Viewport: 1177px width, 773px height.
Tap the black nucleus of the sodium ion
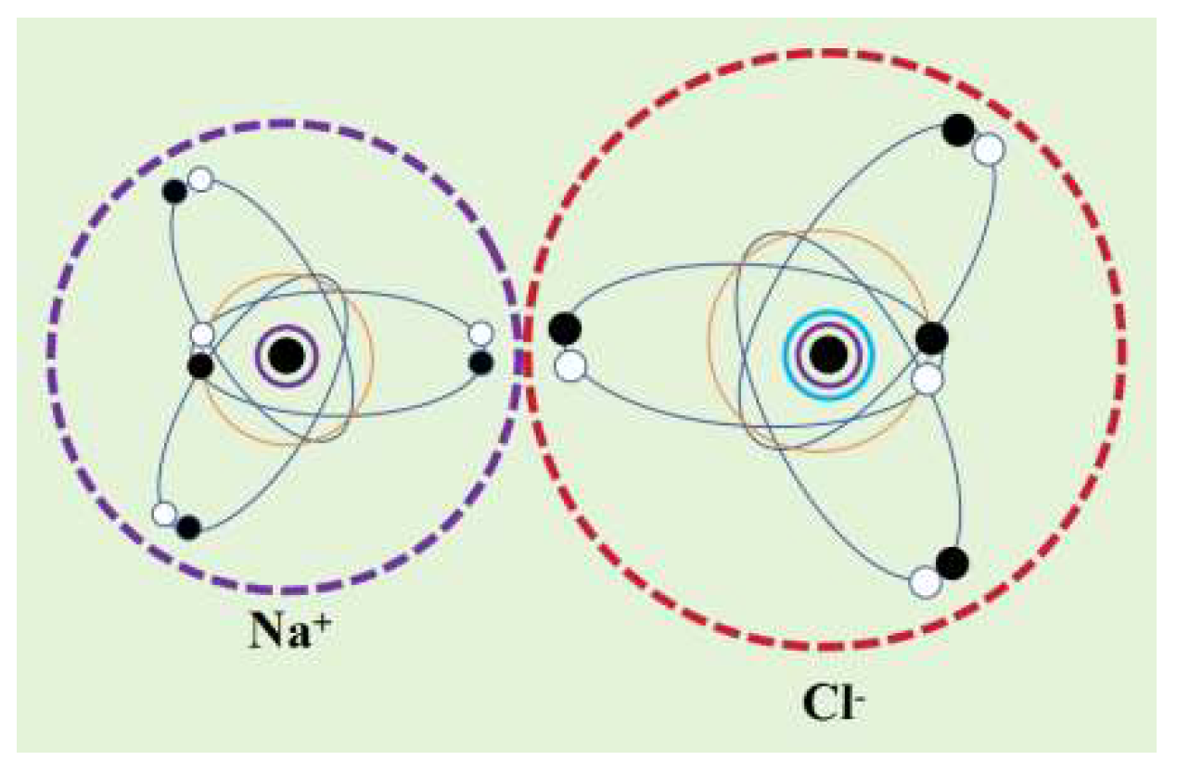[x=288, y=354]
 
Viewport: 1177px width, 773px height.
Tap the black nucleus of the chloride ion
[x=828, y=353]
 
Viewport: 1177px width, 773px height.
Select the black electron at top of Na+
[x=174, y=191]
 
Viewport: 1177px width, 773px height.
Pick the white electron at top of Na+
[x=199, y=179]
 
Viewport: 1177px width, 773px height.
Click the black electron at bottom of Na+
[x=189, y=527]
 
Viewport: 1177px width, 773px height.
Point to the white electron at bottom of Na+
[x=164, y=513]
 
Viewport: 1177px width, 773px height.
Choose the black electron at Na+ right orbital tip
[x=480, y=362]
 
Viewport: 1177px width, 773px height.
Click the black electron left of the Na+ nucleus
[x=200, y=365]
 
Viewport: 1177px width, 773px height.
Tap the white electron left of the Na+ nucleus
[x=201, y=335]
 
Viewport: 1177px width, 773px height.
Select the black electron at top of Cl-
[x=959, y=129]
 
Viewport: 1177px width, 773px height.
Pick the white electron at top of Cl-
[x=990, y=148]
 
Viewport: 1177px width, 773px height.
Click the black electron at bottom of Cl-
[x=952, y=562]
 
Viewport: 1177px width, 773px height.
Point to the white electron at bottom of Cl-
[x=925, y=582]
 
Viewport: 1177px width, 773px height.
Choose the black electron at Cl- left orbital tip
[x=565, y=329]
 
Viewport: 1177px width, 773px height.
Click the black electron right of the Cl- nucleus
[x=932, y=338]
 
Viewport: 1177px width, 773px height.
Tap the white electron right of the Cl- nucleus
[x=927, y=377]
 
